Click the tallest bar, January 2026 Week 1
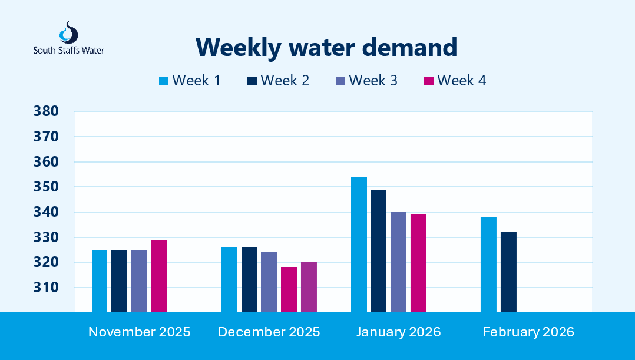[x=359, y=244]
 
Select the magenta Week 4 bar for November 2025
[x=159, y=276]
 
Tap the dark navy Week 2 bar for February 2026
[x=508, y=272]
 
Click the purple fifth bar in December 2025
[x=309, y=287]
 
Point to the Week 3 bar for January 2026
[x=398, y=262]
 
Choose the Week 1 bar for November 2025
[x=100, y=280]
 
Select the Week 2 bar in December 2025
[x=249, y=279]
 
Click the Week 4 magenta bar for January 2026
[x=418, y=263]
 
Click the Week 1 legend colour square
[x=164, y=81]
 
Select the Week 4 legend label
[x=461, y=81]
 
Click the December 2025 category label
[x=269, y=332]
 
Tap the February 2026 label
[x=528, y=332]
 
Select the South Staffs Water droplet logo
[x=69, y=32]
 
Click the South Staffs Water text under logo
[x=69, y=51]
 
